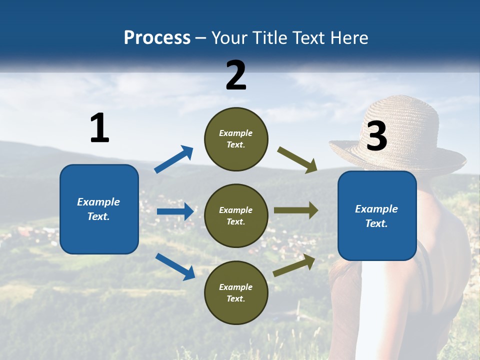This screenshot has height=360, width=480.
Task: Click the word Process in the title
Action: tap(157, 38)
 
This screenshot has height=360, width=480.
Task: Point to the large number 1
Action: tap(99, 128)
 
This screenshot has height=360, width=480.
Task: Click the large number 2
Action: tap(236, 75)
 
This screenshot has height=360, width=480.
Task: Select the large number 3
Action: tap(376, 136)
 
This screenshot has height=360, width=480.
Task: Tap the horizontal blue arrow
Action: tap(175, 211)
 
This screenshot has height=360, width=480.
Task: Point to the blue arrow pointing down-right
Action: tap(175, 266)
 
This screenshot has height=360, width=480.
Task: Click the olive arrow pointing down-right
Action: tap(297, 160)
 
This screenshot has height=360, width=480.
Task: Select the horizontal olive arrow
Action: tap(296, 210)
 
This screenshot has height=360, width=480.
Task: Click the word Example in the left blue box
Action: tap(98, 202)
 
